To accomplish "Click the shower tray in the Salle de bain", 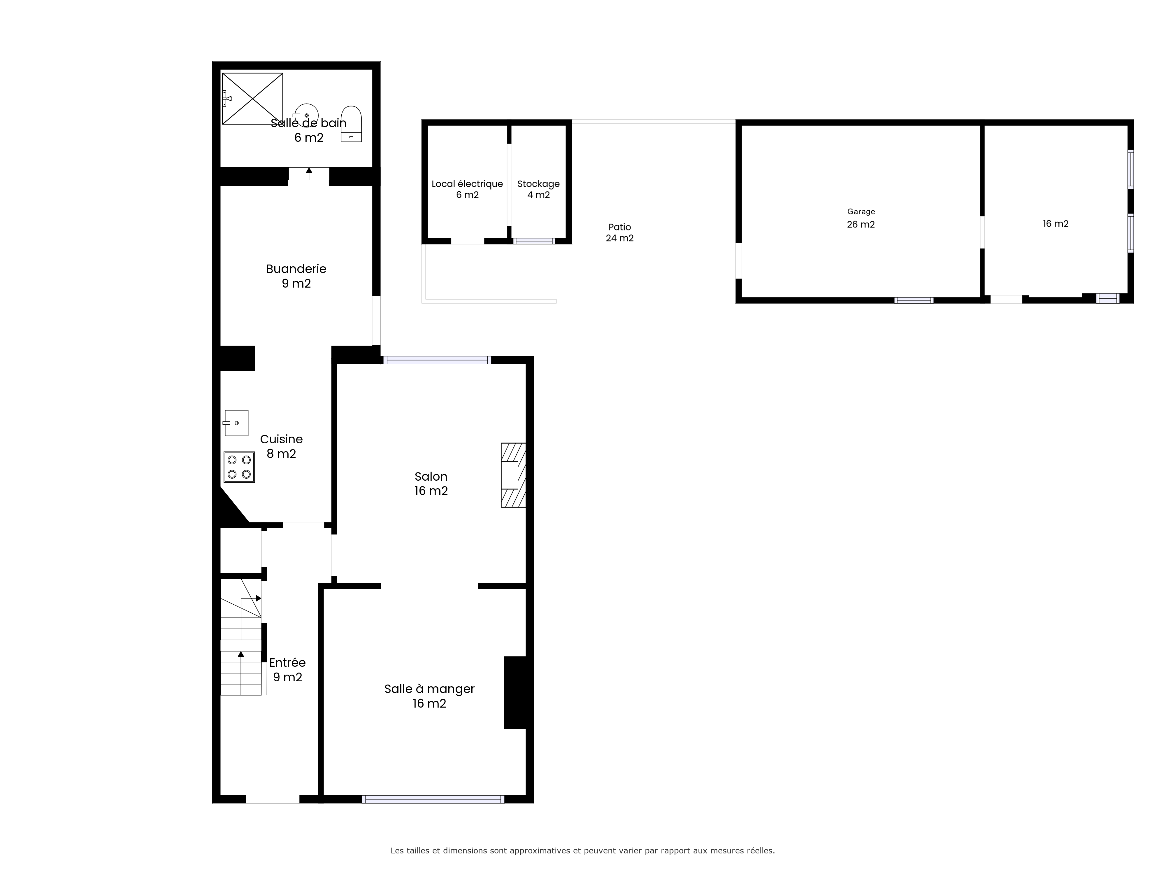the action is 252,99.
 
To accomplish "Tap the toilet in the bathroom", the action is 351,124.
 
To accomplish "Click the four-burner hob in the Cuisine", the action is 239,467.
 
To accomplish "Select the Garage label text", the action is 861,211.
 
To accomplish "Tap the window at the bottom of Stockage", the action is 534,241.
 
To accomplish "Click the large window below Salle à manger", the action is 433,799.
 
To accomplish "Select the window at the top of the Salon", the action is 437,360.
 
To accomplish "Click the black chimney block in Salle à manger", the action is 515,692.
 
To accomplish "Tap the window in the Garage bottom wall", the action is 914,300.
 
